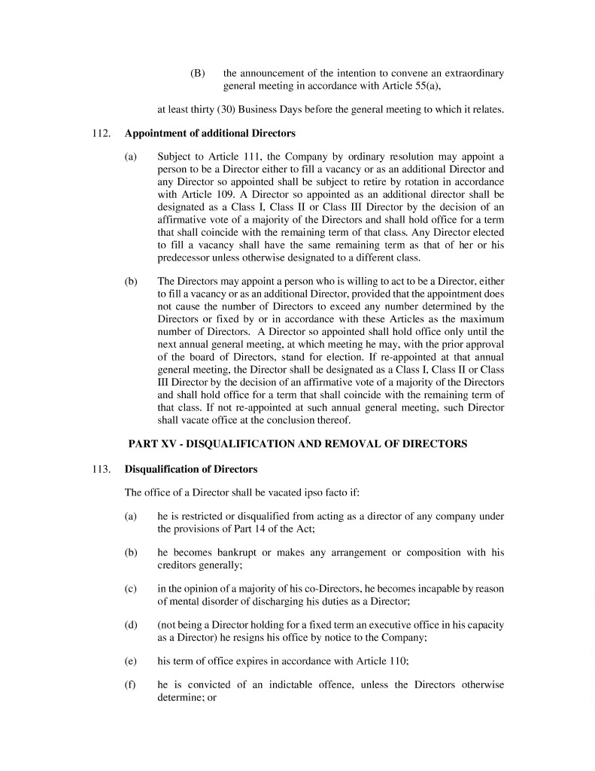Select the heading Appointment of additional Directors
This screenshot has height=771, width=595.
[x=210, y=134]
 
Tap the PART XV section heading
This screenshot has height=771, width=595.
[x=297, y=444]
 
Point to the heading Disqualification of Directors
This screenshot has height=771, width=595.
[x=191, y=469]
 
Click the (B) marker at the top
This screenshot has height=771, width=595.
[x=197, y=73]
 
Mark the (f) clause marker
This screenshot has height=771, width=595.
[x=130, y=685]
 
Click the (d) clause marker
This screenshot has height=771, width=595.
[x=130, y=626]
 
